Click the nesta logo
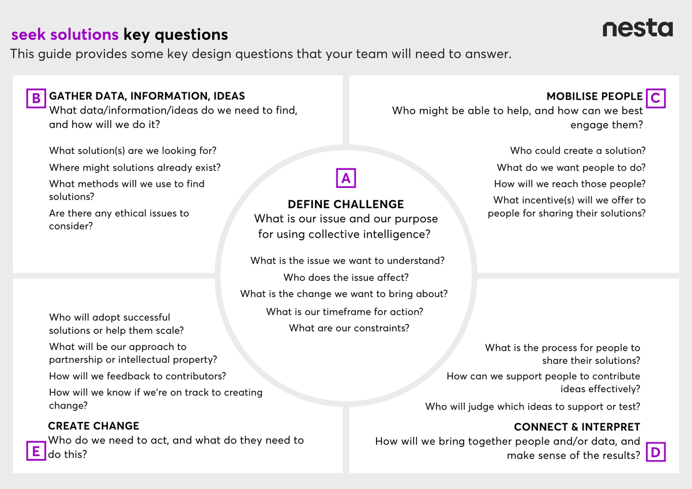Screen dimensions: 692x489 tap(637, 28)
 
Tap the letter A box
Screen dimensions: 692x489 tap(346, 178)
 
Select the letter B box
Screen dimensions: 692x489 tap(36, 99)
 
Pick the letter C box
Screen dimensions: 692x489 tap(655, 98)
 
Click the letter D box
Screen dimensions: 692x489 tap(655, 453)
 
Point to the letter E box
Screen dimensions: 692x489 tap(36, 452)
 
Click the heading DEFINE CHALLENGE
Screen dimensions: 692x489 tap(345, 204)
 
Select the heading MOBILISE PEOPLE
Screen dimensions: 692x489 tap(595, 96)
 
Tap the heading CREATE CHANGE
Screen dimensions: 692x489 tap(93, 426)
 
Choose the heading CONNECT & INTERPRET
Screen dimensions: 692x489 tap(577, 427)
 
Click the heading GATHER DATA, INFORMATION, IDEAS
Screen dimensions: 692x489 tap(147, 96)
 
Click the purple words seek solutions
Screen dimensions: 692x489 tap(65, 35)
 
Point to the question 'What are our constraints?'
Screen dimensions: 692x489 tap(349, 328)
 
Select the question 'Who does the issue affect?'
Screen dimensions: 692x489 tap(346, 277)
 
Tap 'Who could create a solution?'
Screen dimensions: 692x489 tap(578, 151)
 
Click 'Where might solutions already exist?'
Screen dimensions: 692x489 tap(135, 167)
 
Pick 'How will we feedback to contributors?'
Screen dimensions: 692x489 tap(137, 376)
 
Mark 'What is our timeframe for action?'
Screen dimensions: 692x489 tap(344, 311)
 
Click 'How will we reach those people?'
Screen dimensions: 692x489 tap(570, 184)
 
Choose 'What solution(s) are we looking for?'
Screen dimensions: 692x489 tap(133, 151)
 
